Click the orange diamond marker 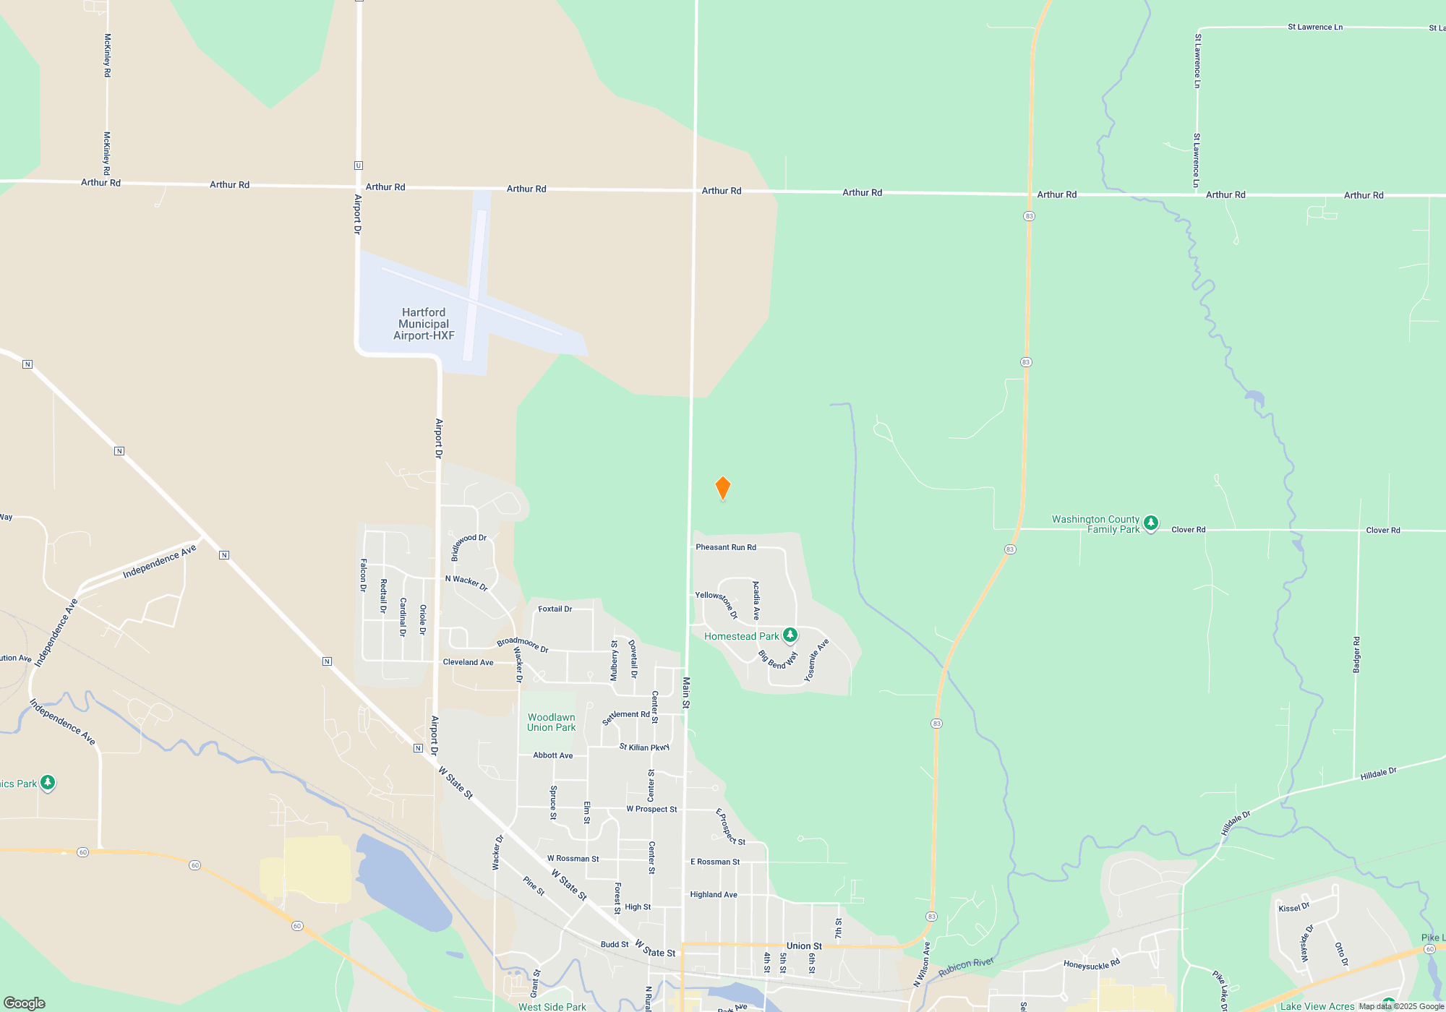(x=722, y=488)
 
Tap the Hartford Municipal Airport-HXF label (x=424, y=324)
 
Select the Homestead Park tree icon (x=790, y=635)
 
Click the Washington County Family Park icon (x=1151, y=522)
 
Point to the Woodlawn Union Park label (x=551, y=722)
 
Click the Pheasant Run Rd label (x=726, y=547)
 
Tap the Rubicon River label (x=966, y=967)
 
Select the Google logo (x=25, y=1003)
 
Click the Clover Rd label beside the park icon (x=1188, y=530)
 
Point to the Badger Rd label (x=1356, y=655)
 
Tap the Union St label (x=804, y=945)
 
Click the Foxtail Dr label (x=555, y=609)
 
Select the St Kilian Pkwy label (x=644, y=747)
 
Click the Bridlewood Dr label (x=469, y=546)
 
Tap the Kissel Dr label (x=1293, y=907)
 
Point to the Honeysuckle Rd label (x=1091, y=964)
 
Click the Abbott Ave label (x=552, y=755)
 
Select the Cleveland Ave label (x=468, y=662)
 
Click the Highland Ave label (x=713, y=895)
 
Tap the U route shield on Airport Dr (x=359, y=166)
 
